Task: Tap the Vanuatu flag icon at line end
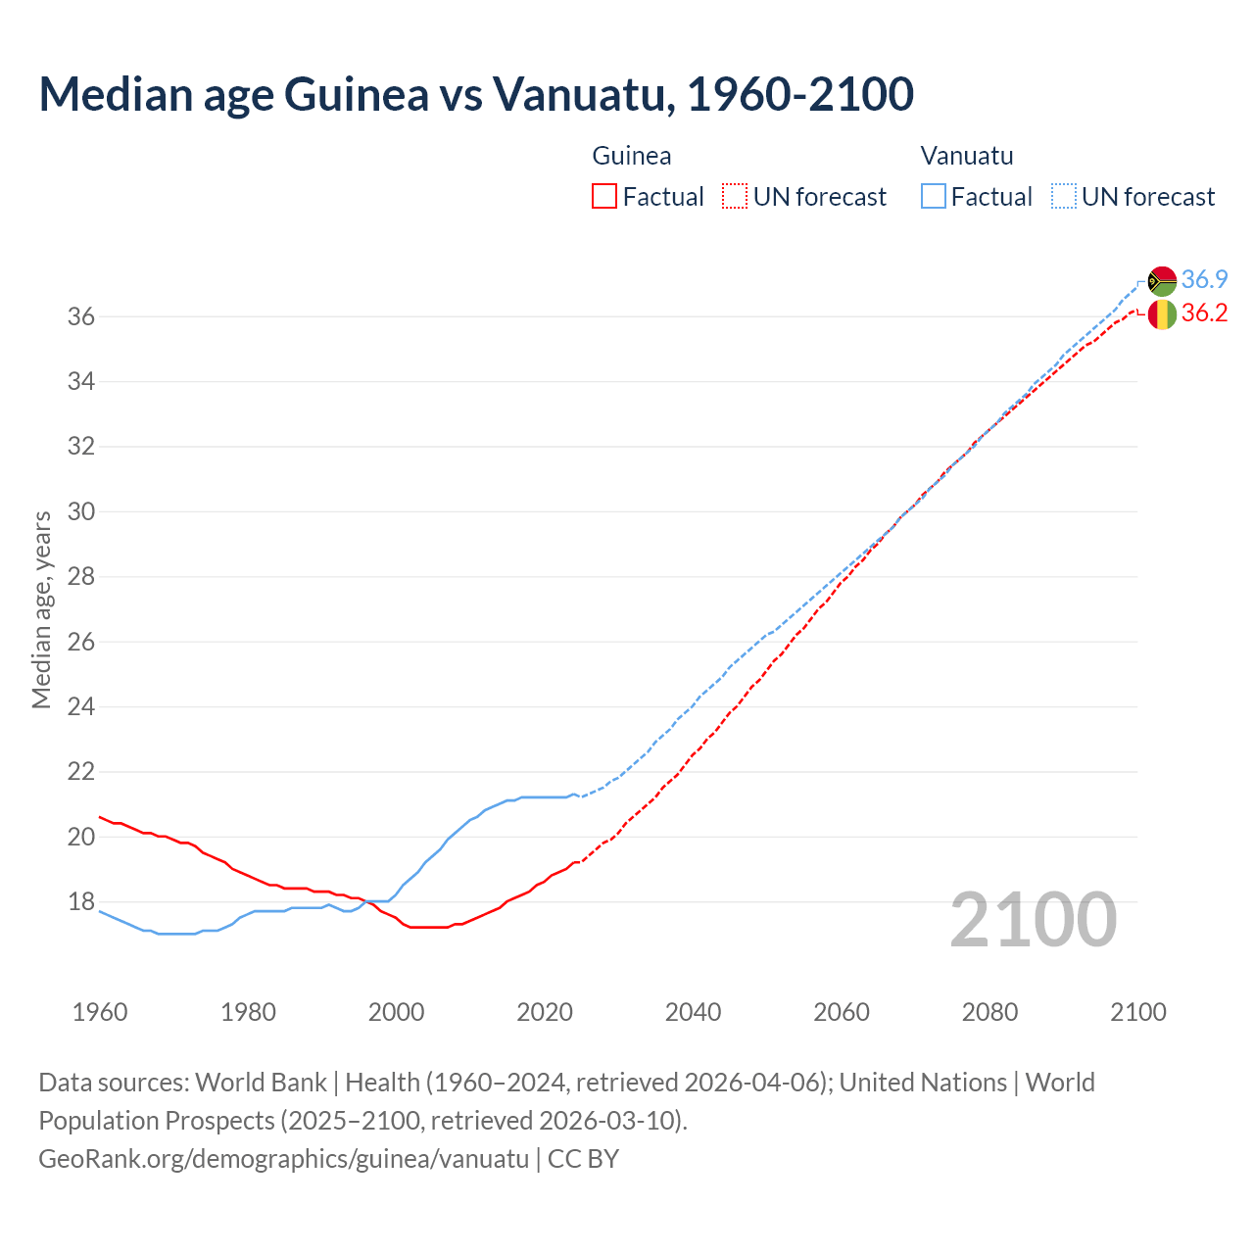pos(1162,280)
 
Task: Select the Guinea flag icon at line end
pos(1162,314)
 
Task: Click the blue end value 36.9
pos(1204,280)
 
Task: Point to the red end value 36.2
pos(1204,313)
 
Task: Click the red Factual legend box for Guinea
pos(604,197)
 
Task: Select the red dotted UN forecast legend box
pos(735,197)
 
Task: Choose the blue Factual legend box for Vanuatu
pos(934,197)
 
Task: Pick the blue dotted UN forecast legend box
pos(1064,197)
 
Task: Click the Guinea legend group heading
pos(632,156)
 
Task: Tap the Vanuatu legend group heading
pos(967,156)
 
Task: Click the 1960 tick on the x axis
pos(100,1012)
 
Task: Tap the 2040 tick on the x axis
pos(693,1012)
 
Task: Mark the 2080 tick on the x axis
pos(989,1012)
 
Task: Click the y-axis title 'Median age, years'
pos(41,609)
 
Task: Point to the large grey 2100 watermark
pos(1034,919)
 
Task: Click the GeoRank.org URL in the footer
pos(284,1159)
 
